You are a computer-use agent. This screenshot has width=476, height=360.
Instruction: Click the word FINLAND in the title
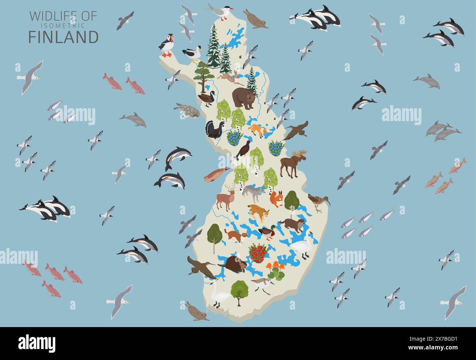[x=63, y=37]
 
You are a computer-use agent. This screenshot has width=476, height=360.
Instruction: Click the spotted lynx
[x=259, y=212]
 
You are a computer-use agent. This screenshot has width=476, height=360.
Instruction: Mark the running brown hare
[x=231, y=76]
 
